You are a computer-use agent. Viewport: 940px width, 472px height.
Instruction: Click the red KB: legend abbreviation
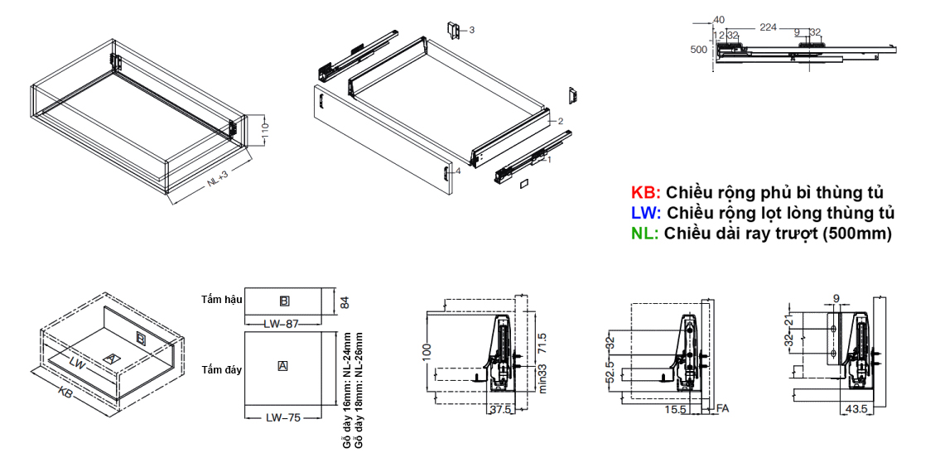click(x=645, y=193)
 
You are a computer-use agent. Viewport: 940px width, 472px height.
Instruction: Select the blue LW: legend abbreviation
click(x=645, y=214)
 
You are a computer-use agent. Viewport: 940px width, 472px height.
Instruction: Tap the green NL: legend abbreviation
click(x=644, y=234)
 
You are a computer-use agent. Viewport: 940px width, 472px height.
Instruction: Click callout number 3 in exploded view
click(x=471, y=30)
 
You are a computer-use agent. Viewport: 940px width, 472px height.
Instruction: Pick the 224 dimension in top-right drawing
click(x=768, y=27)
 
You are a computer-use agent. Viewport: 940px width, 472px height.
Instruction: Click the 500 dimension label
click(x=699, y=49)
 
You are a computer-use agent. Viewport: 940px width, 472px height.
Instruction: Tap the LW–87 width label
click(x=282, y=324)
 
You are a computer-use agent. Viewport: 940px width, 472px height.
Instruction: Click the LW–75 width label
click(x=282, y=417)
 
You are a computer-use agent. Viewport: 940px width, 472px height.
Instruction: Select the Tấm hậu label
click(x=220, y=298)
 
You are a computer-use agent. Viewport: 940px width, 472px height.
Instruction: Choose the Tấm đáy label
click(x=220, y=369)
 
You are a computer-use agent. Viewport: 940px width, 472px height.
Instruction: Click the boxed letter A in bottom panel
click(x=283, y=365)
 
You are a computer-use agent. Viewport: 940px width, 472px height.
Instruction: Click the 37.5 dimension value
click(x=499, y=409)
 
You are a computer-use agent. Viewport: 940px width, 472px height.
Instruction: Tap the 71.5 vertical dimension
click(x=541, y=342)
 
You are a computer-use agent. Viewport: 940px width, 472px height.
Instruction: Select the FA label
click(x=722, y=409)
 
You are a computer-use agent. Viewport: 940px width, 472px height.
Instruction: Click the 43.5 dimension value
click(x=857, y=409)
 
